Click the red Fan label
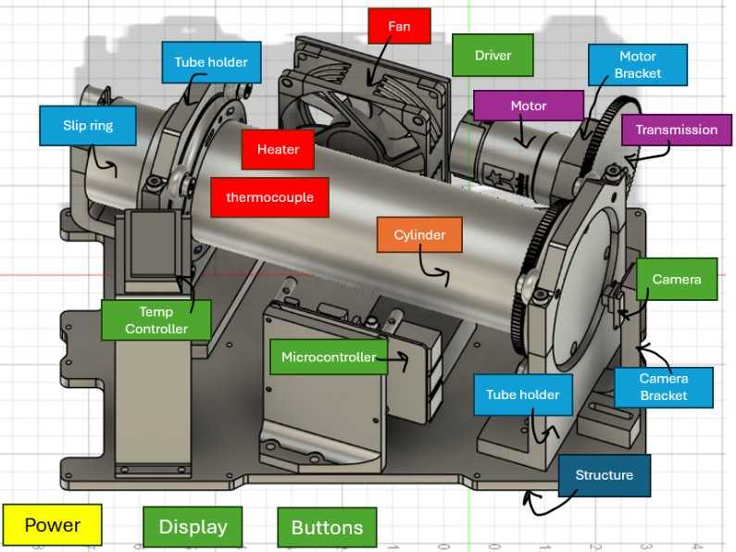(x=400, y=26)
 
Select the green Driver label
(x=493, y=56)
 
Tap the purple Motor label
(x=529, y=106)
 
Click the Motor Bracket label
(x=638, y=65)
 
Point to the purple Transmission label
(x=676, y=130)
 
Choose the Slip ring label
(x=88, y=125)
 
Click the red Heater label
(x=278, y=149)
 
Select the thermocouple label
(x=269, y=197)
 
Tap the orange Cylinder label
(x=419, y=235)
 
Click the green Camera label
(x=677, y=279)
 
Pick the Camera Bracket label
(x=664, y=387)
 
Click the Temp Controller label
(x=156, y=320)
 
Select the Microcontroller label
(x=329, y=357)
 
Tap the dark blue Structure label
(x=605, y=475)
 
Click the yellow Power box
(x=53, y=525)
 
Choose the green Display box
(x=193, y=527)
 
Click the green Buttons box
(x=327, y=528)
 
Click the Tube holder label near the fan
(x=211, y=62)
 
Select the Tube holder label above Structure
(x=523, y=395)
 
